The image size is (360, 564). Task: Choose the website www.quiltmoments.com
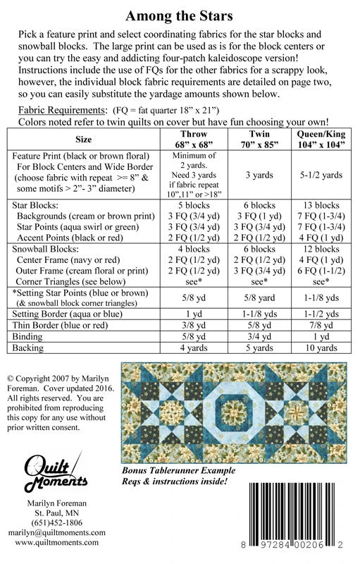[x=58, y=543]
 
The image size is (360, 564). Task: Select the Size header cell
[x=83, y=139]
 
